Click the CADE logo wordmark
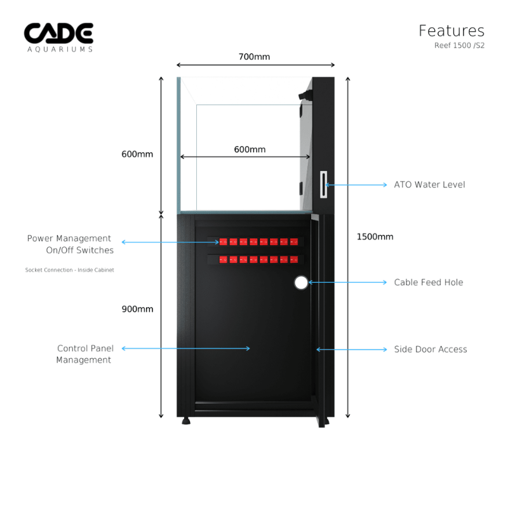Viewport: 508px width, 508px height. pyautogui.click(x=58, y=33)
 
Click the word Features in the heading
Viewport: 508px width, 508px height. pyautogui.click(x=451, y=30)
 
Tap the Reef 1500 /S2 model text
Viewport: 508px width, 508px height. pyautogui.click(x=459, y=46)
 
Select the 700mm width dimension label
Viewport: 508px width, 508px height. pyautogui.click(x=254, y=57)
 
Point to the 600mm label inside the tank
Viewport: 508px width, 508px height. pyautogui.click(x=250, y=149)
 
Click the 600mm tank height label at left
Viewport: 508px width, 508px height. pyautogui.click(x=137, y=154)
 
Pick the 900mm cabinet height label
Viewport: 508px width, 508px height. pyautogui.click(x=137, y=309)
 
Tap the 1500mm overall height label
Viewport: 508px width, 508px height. pyautogui.click(x=375, y=237)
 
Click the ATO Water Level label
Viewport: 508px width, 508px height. pyautogui.click(x=429, y=185)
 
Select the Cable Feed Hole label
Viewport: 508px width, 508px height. pyautogui.click(x=428, y=282)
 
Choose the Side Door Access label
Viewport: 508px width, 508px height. pyautogui.click(x=431, y=349)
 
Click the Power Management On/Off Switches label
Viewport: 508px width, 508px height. pyautogui.click(x=70, y=244)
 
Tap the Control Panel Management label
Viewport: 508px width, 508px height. pyautogui.click(x=84, y=354)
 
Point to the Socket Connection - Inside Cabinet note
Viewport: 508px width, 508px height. pyautogui.click(x=70, y=270)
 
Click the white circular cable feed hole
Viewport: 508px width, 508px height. pyautogui.click(x=301, y=283)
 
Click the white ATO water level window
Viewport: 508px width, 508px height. pyautogui.click(x=323, y=185)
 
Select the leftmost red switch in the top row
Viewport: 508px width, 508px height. pyautogui.click(x=223, y=242)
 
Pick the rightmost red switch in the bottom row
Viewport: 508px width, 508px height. pyautogui.click(x=293, y=260)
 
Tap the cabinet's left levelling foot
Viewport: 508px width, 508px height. pyautogui.click(x=186, y=420)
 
